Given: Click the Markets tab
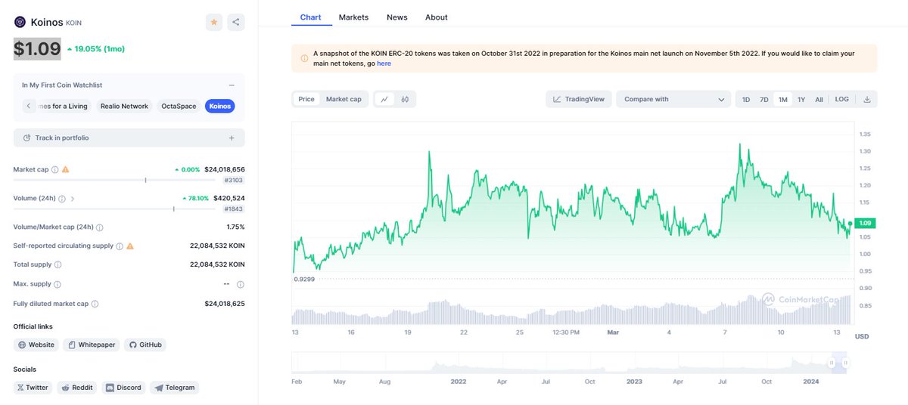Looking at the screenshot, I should (x=353, y=17).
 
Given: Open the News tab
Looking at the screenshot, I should (x=396, y=17).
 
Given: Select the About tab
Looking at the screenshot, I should (x=436, y=17).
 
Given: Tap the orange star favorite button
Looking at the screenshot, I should (x=214, y=23).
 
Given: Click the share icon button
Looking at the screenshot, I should (x=236, y=23).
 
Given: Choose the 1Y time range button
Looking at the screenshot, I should (x=801, y=99).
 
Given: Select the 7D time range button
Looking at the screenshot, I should (x=764, y=99).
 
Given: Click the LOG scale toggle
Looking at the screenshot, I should (x=841, y=99).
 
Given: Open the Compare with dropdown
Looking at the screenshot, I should (x=673, y=99).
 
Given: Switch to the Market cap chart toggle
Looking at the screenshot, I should (x=344, y=99).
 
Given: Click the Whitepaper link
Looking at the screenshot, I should (x=92, y=345).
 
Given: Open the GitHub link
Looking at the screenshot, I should (x=145, y=345).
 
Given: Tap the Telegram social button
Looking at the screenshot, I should (x=174, y=388).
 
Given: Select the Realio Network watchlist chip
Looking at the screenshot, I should (x=124, y=106).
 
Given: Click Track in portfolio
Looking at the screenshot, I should (x=129, y=138).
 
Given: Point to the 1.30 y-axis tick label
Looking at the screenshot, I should (x=864, y=151).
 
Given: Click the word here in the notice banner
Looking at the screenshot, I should (x=384, y=63).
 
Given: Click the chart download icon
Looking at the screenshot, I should (x=866, y=99).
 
